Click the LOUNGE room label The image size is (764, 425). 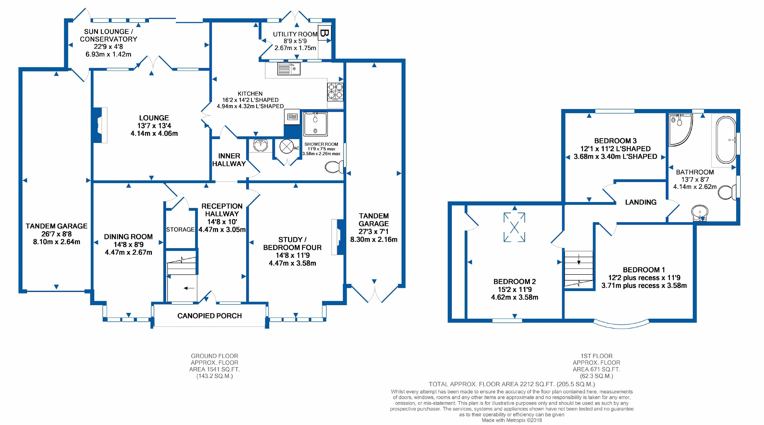(x=154, y=118)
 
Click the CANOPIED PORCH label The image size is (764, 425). (x=209, y=316)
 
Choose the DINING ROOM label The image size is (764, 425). (x=128, y=237)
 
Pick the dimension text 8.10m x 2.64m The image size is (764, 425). (x=57, y=242)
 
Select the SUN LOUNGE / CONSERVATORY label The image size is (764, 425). (x=108, y=35)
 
